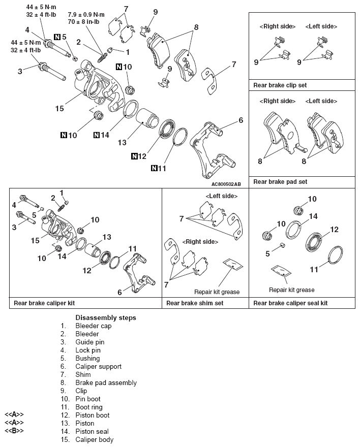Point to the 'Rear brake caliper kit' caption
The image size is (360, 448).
pos(42,303)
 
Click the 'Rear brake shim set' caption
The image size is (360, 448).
pos(195,303)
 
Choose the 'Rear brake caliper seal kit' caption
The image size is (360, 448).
pos(290,303)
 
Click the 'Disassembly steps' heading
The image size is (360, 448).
pos(105,318)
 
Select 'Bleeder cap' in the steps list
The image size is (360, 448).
pos(93,326)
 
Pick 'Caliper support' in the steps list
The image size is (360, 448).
pos(98,367)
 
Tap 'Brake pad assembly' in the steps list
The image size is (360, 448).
pos(106,383)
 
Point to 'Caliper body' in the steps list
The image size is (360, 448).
pos(94,440)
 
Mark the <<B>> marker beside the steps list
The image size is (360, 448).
pos(14,432)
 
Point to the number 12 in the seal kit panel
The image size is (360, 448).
pos(334,230)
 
